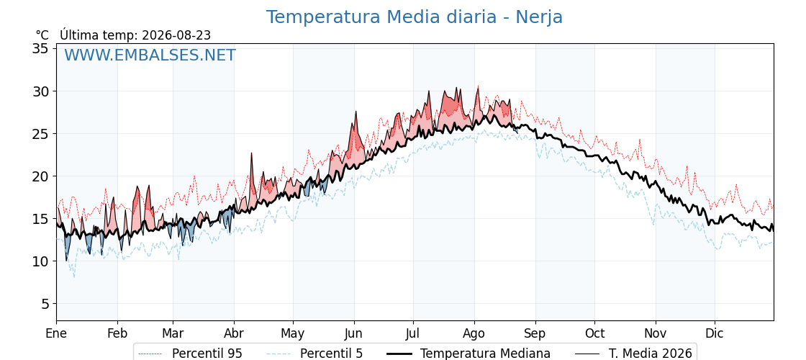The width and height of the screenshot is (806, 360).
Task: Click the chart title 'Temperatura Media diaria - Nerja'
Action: [415, 17]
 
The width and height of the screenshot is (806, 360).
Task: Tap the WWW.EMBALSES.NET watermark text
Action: [150, 55]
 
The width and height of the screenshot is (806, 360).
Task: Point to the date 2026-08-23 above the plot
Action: [176, 35]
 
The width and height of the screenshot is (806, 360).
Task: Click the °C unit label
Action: [42, 35]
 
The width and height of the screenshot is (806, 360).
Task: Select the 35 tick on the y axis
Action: [40, 48]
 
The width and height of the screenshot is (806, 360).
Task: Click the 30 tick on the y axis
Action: [40, 91]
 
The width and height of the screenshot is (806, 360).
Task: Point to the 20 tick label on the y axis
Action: [40, 176]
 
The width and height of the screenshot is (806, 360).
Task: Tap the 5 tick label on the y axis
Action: [45, 304]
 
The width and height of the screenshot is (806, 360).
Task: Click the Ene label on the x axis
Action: [57, 333]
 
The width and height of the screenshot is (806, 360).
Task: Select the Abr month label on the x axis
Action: [234, 333]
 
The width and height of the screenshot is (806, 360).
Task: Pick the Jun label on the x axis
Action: [354, 333]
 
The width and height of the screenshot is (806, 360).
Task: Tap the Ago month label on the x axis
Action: [474, 333]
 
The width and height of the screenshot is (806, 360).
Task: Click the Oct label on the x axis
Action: [594, 333]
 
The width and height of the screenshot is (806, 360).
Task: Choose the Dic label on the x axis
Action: [715, 333]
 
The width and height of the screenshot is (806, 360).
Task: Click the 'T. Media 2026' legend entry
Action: [633, 354]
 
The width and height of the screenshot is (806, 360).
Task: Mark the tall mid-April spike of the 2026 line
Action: [252, 153]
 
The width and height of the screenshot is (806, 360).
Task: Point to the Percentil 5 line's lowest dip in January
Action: [74, 277]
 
